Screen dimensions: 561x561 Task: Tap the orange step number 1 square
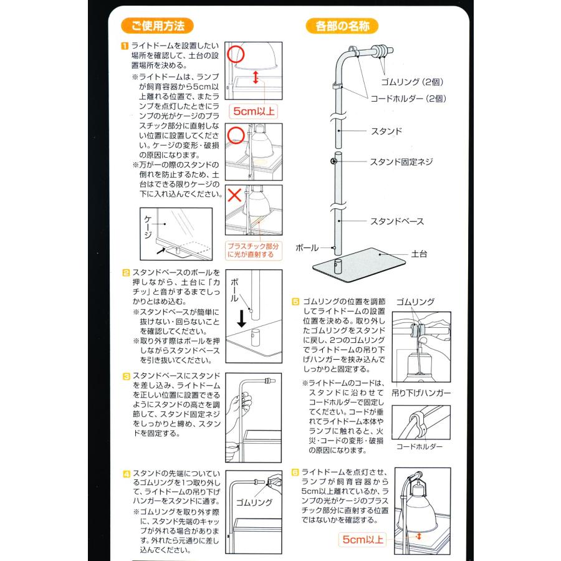coord(125,46)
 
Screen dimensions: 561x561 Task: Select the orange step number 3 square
coord(125,376)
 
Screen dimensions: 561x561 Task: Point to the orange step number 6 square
coord(296,472)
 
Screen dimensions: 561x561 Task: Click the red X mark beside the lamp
coord(235,194)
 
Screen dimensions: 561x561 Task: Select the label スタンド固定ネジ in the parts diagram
coord(401,162)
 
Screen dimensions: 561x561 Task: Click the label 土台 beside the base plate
coord(419,254)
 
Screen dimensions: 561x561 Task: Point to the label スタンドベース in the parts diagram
coord(397,221)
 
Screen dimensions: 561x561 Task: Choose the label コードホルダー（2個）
coord(408,98)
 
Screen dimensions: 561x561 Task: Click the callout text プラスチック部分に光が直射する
coord(255,250)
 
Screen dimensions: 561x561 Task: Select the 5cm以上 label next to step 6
coord(363,539)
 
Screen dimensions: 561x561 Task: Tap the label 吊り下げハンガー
coord(421,393)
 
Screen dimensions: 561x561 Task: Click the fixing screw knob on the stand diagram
coord(334,162)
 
